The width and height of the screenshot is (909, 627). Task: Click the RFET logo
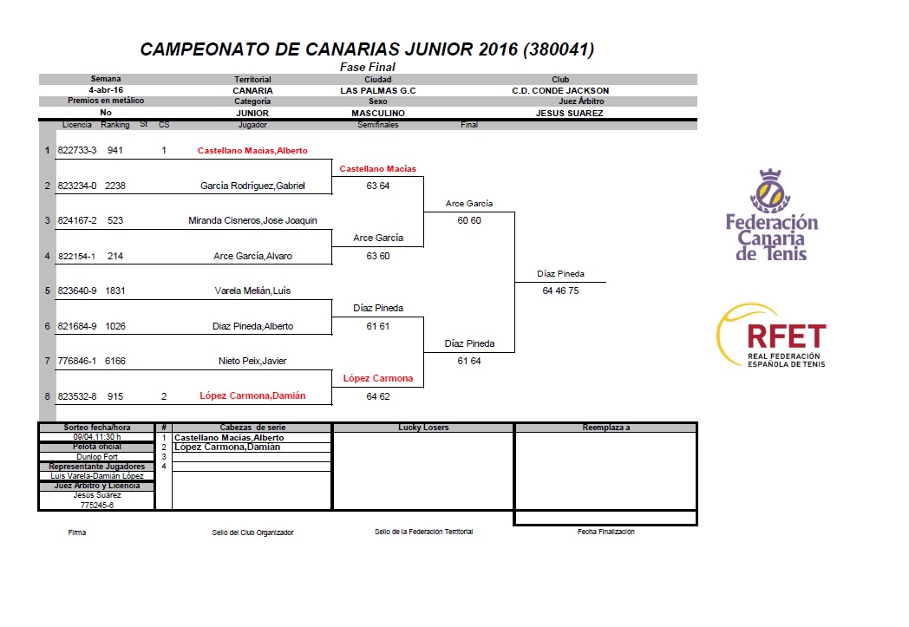pos(772,336)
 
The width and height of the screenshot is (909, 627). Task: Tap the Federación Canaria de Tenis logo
pos(772,215)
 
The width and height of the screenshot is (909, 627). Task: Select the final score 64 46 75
pos(560,291)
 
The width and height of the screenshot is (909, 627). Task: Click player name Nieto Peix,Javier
pos(252,361)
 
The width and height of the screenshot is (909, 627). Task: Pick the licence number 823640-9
pos(77,291)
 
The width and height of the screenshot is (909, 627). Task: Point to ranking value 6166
pos(114,361)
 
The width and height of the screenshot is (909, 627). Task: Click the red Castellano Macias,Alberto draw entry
pos(252,151)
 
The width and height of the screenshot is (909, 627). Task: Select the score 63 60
pos(378,256)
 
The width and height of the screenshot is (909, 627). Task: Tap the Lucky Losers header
pos(423,428)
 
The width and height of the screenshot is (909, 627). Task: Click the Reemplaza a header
pos(605,428)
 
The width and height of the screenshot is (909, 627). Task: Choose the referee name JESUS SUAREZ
pos(569,114)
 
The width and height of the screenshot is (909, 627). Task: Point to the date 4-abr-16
pos(106,90)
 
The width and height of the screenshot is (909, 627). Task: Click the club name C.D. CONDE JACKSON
pos(560,91)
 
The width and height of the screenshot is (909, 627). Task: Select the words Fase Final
pos(368,68)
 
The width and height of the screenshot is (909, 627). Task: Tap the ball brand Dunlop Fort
pos(97,457)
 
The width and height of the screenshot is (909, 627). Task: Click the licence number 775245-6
pos(97,506)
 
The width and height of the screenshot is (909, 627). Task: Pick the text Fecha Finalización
pos(605,532)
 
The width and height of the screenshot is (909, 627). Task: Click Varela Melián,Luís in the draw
pos(252,291)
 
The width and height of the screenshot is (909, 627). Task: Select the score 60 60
pos(469,221)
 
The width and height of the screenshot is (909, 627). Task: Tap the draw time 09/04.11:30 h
pos(97,437)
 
